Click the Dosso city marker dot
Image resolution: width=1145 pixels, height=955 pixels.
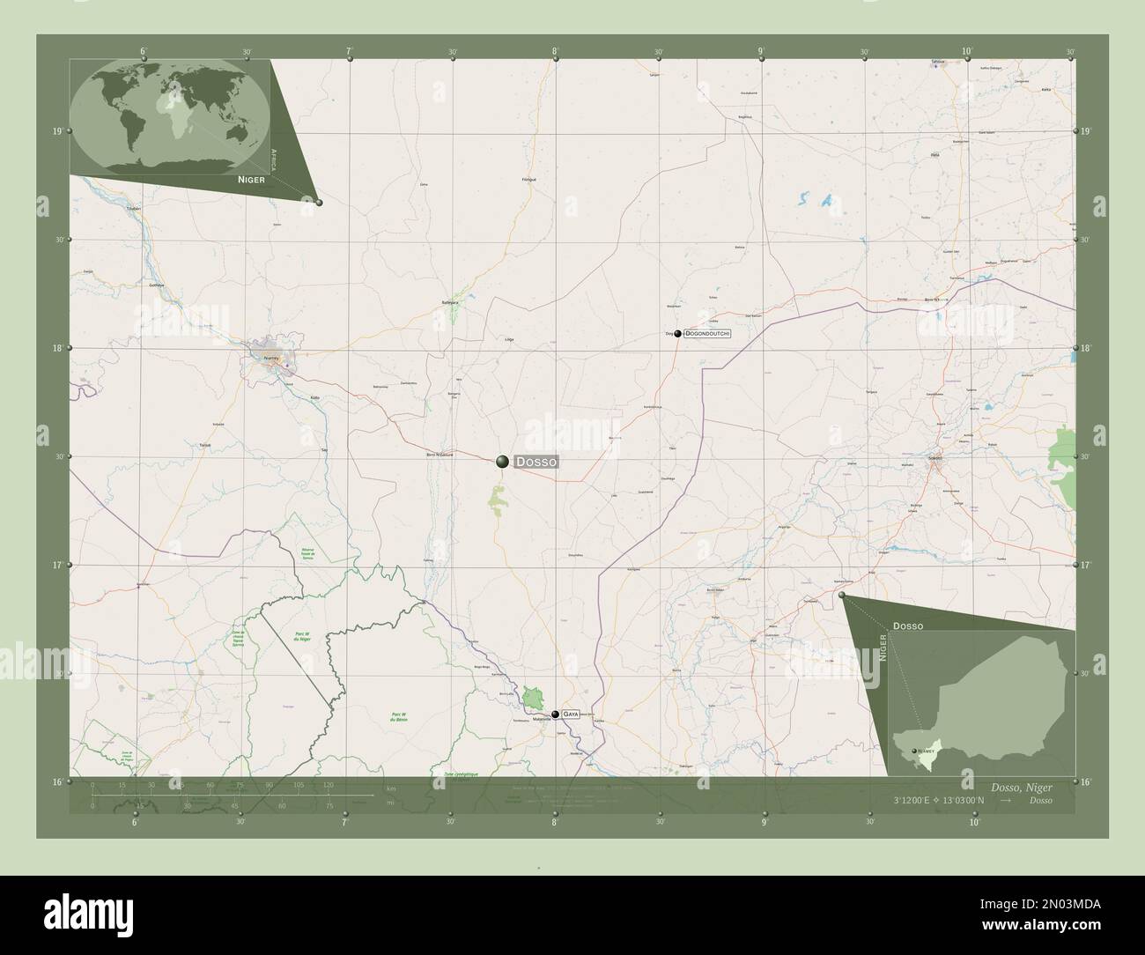tap(502, 461)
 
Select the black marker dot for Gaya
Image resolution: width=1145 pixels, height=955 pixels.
tap(555, 714)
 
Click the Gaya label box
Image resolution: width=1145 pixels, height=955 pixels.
tap(571, 714)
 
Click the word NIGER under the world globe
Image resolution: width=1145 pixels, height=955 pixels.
tap(251, 178)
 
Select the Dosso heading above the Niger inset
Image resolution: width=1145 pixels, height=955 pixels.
tap(907, 625)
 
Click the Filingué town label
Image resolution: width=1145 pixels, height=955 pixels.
tap(529, 180)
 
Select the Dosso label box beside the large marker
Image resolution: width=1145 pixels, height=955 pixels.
tap(536, 462)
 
